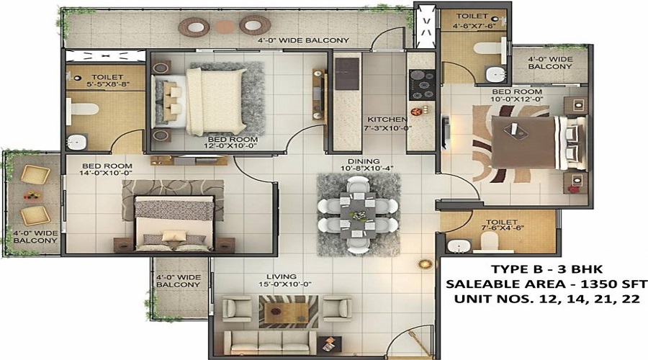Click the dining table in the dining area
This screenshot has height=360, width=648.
coord(358,215)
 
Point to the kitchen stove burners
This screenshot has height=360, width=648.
coord(422,85)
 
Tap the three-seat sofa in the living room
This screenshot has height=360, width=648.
coord(271,343)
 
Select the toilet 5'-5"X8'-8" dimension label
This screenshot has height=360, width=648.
coord(107,81)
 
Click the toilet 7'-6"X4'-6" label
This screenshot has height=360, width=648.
coord(502,225)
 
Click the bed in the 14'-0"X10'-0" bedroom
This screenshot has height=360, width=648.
coord(174,223)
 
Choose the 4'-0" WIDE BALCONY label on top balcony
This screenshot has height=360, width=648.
coord(304,40)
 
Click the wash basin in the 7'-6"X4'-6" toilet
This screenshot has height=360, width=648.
coord(459,246)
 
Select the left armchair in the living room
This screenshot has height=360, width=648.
coord(237,309)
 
